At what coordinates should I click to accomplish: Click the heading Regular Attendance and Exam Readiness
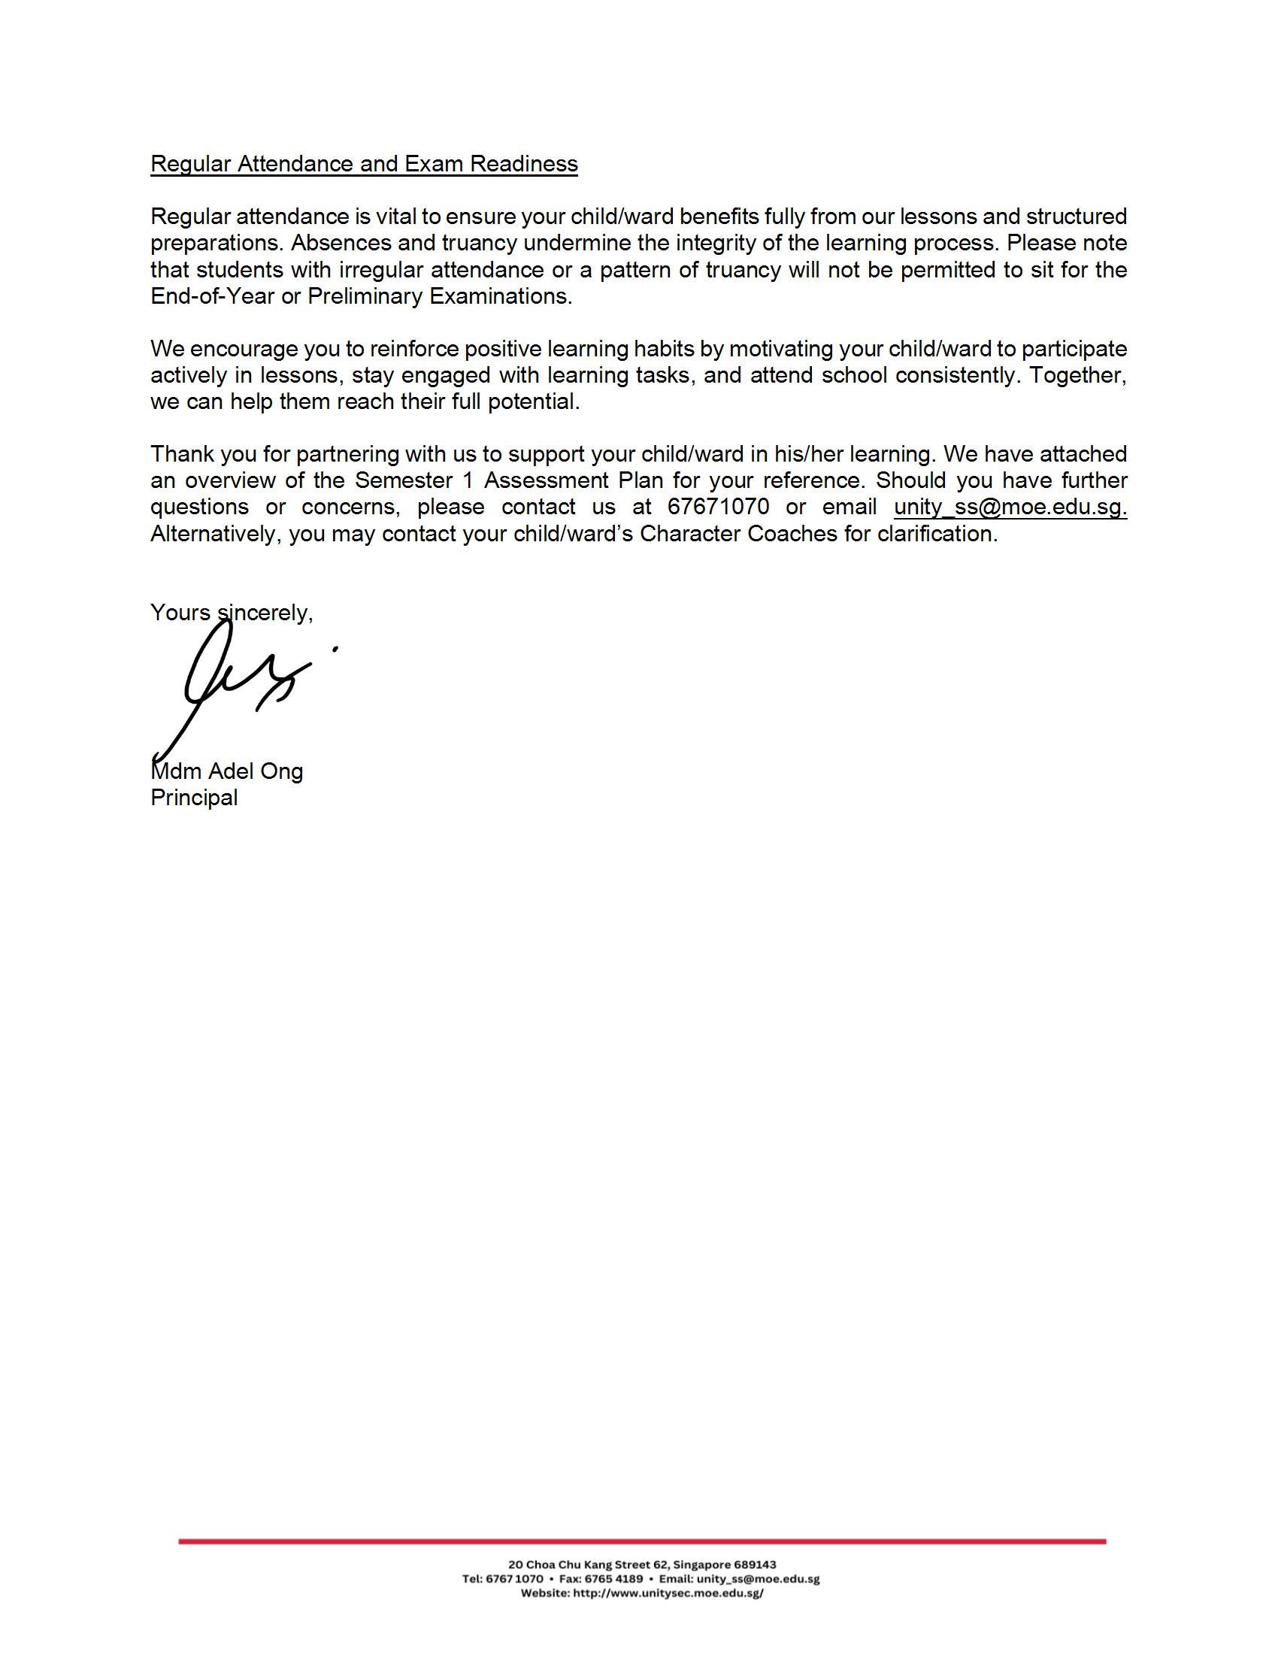click(363, 165)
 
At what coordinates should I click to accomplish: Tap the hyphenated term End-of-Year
click(212, 296)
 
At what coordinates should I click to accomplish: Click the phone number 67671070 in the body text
click(718, 507)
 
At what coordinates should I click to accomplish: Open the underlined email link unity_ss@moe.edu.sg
click(1010, 507)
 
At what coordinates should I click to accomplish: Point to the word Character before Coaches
click(689, 534)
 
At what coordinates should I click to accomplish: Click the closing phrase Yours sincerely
click(231, 613)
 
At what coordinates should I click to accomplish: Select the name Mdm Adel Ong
click(227, 771)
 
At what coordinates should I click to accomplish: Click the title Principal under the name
click(194, 798)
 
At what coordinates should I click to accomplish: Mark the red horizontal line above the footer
click(642, 1541)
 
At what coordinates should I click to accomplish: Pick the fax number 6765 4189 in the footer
click(613, 1579)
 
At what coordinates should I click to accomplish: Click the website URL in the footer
click(668, 1593)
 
